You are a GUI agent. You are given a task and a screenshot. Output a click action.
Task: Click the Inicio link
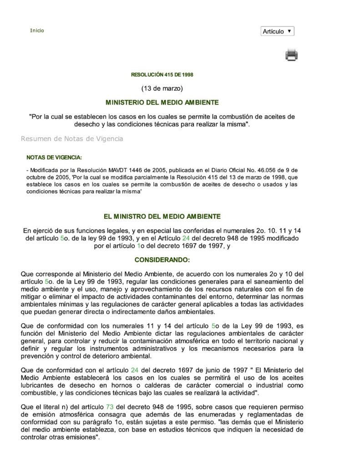[37, 30]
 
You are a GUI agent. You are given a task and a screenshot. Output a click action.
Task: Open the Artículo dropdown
[278, 31]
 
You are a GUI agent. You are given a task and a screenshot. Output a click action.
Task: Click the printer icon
[291, 55]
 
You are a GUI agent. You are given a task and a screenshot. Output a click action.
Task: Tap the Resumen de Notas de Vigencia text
[72, 138]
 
